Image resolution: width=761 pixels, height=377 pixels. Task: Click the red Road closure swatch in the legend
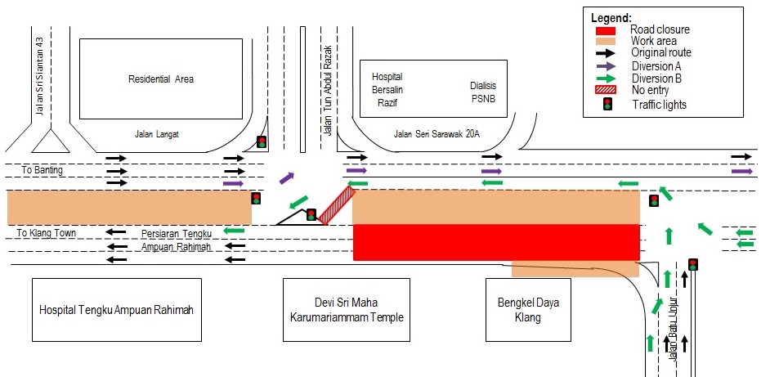tap(608, 30)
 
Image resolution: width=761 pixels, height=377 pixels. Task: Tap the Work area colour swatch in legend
tap(608, 42)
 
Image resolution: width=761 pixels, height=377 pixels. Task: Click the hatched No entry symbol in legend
tap(608, 91)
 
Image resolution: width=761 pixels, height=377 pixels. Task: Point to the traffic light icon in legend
tap(608, 104)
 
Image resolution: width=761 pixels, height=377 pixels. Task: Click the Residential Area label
tap(160, 79)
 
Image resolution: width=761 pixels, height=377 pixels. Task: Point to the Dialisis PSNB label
tap(482, 92)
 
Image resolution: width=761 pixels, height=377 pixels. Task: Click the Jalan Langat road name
tap(157, 133)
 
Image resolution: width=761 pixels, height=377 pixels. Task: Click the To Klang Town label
tap(47, 233)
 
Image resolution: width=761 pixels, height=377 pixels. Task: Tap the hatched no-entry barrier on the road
tap(336, 205)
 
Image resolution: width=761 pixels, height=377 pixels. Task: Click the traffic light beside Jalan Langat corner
tap(262, 142)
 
